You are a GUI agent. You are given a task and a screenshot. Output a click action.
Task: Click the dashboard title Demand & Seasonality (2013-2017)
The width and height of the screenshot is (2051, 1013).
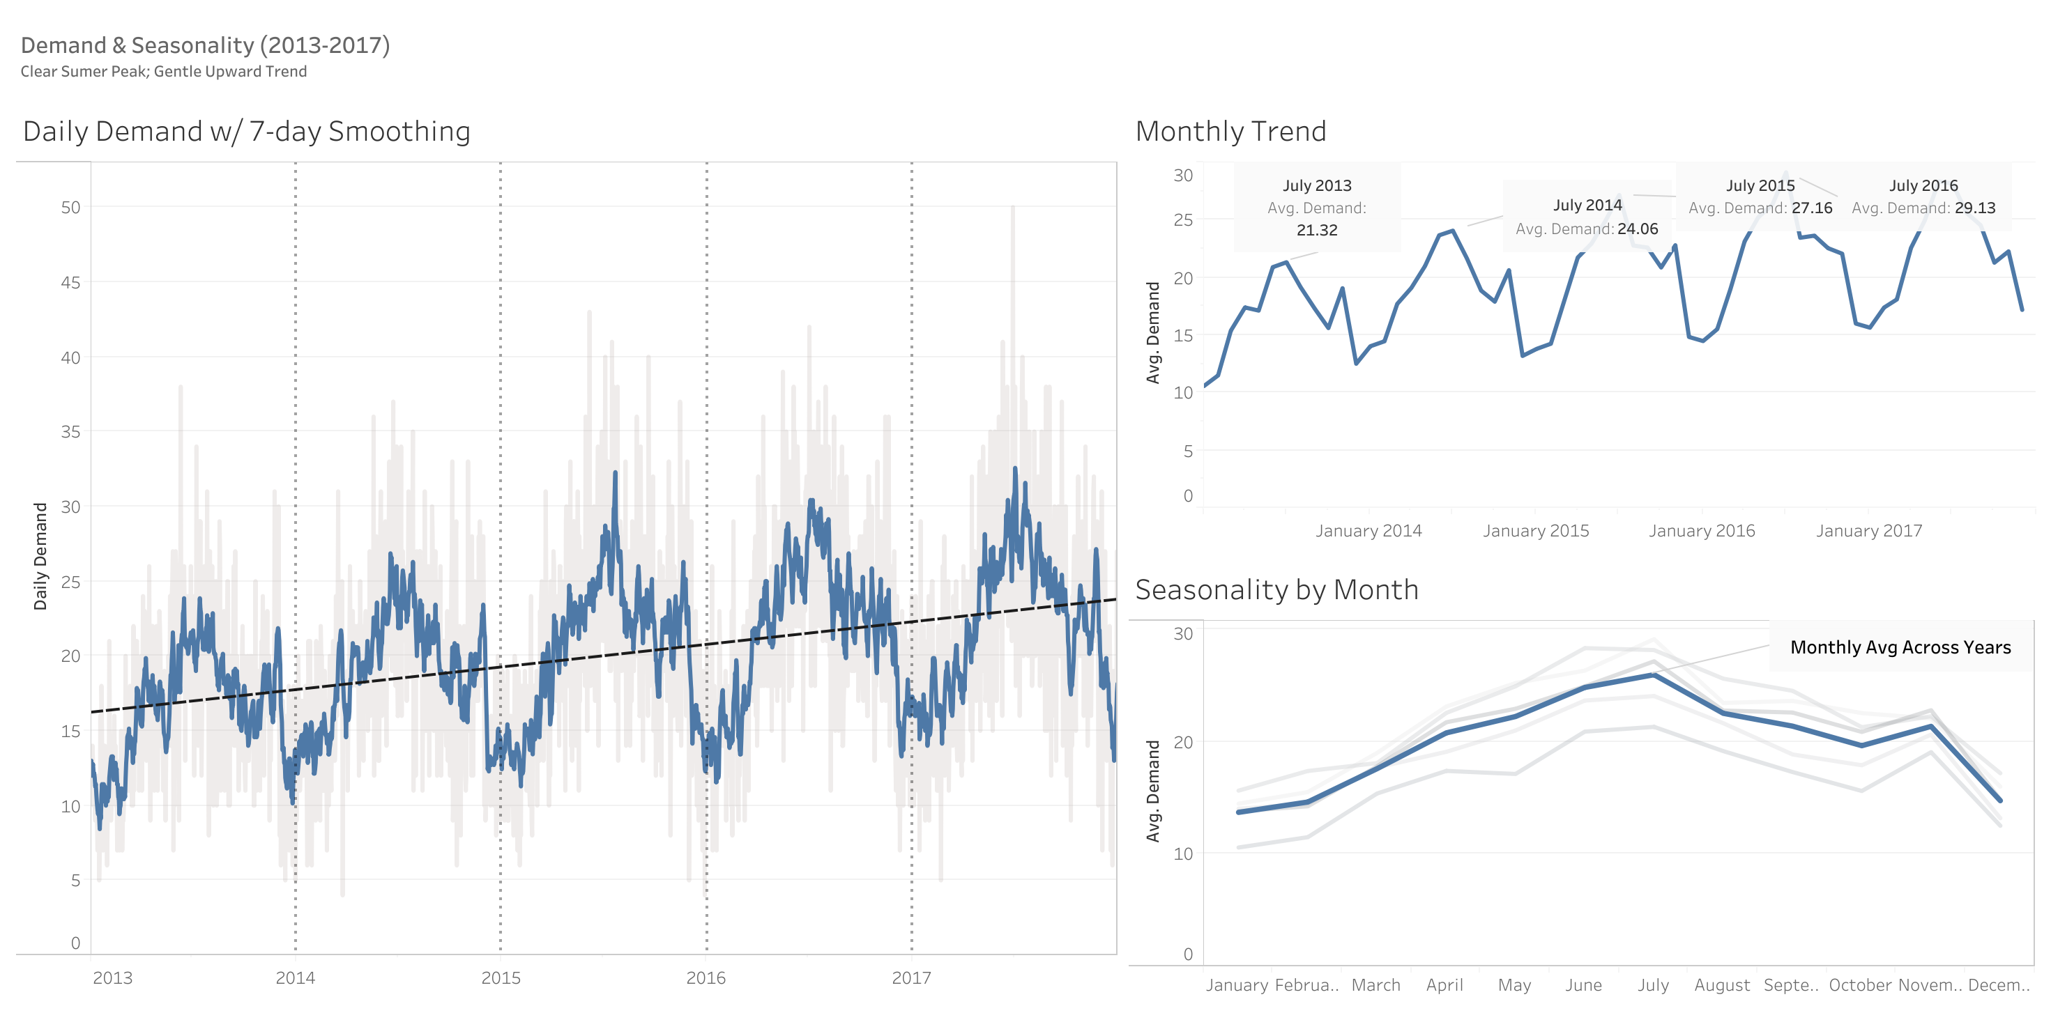[206, 45]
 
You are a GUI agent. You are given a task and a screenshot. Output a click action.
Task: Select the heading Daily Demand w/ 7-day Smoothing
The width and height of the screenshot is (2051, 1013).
[247, 131]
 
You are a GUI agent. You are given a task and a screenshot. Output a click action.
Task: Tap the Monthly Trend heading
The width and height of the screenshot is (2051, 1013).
[1231, 131]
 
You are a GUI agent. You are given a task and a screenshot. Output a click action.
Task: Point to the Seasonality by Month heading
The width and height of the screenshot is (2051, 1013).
[1276, 589]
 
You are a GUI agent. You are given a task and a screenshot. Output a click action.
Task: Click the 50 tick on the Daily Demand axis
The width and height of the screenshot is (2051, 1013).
[71, 208]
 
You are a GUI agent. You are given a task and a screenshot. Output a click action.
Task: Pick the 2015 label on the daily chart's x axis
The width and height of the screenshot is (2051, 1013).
[501, 978]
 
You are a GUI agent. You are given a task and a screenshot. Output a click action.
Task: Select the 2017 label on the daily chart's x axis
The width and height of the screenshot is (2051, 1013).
[911, 978]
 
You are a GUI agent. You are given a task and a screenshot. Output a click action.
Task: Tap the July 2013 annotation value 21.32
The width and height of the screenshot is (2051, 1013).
[1317, 230]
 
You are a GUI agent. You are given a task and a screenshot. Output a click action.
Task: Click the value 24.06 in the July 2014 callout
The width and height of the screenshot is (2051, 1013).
[1637, 229]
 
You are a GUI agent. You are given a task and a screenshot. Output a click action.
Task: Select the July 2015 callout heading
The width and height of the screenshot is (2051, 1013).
[1760, 185]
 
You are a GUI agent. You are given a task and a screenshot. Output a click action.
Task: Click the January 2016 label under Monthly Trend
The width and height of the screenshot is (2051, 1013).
[1702, 531]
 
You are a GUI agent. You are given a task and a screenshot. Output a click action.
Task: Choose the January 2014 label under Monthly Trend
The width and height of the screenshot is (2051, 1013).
[1368, 531]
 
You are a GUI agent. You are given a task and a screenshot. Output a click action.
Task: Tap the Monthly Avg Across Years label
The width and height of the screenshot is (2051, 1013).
[1900, 648]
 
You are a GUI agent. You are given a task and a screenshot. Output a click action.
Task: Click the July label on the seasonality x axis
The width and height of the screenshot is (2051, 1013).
[1653, 985]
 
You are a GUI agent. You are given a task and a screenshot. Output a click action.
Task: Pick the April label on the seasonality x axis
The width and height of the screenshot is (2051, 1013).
[1444, 985]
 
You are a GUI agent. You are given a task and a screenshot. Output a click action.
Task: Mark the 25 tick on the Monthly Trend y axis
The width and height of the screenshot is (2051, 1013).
[1183, 219]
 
